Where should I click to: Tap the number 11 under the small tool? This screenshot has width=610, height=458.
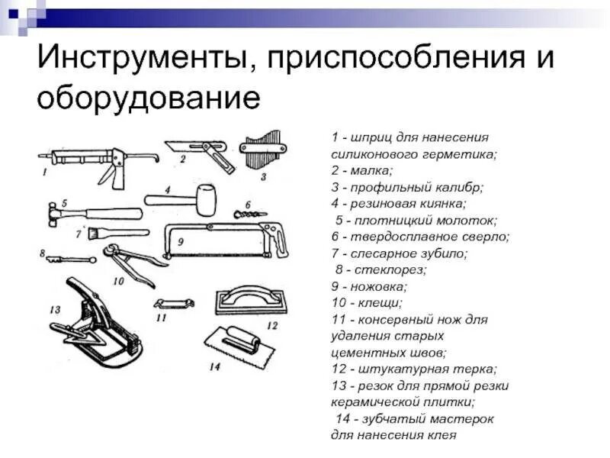click(x=161, y=316)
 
